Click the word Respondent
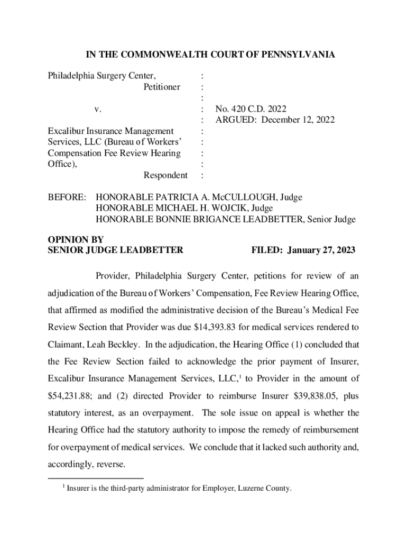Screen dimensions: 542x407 point(165,175)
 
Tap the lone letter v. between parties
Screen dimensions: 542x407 point(97,109)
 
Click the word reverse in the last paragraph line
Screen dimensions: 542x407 point(108,465)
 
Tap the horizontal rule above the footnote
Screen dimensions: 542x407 point(85,478)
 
